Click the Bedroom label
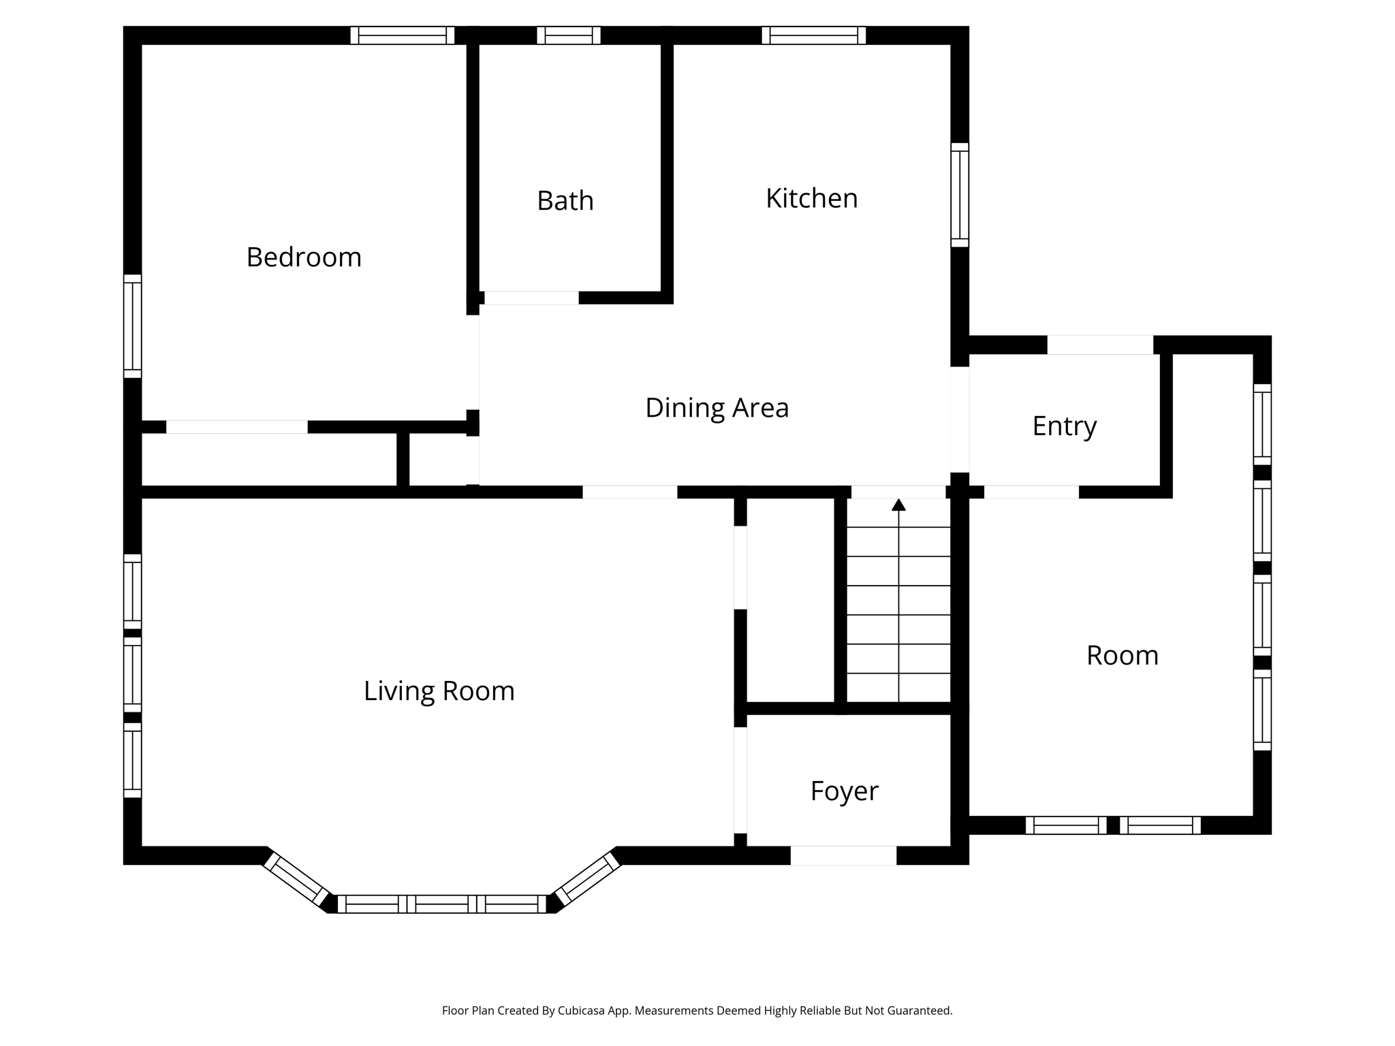click(x=304, y=257)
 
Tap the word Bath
click(x=565, y=201)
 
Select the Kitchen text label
click(x=811, y=198)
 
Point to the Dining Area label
click(x=717, y=408)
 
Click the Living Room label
click(x=439, y=691)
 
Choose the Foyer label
click(x=844, y=791)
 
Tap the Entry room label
click(x=1064, y=426)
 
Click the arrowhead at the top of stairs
click(x=898, y=505)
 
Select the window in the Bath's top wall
click(x=569, y=35)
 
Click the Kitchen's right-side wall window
click(x=959, y=195)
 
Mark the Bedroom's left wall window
click(x=132, y=326)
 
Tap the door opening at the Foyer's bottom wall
click(x=843, y=855)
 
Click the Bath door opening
click(x=531, y=298)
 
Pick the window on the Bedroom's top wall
click(x=402, y=35)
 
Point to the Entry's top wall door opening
click(x=1099, y=345)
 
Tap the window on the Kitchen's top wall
click(x=813, y=35)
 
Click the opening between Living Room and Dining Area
click(x=629, y=492)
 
